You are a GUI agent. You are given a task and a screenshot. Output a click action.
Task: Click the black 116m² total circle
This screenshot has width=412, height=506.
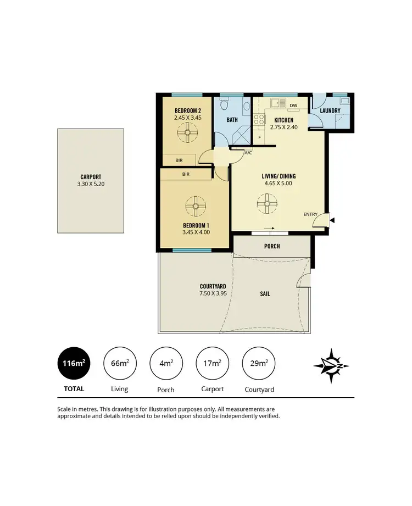click(x=74, y=363)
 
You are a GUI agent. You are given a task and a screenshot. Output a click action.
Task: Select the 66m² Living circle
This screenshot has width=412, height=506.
click(x=119, y=363)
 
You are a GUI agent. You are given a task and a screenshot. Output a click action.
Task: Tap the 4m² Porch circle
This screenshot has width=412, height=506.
click(x=165, y=363)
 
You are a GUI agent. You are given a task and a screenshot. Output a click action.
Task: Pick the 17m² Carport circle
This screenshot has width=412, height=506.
click(x=212, y=363)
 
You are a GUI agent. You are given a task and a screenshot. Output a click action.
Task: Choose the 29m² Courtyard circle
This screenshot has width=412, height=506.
click(x=258, y=363)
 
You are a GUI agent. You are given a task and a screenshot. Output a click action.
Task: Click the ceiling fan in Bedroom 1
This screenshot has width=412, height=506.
click(x=194, y=206)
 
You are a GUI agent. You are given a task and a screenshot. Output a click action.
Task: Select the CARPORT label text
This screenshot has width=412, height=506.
click(x=91, y=177)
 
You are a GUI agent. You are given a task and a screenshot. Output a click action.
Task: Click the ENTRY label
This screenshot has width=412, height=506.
click(x=310, y=214)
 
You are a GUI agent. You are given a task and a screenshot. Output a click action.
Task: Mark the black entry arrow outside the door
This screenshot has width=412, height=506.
click(x=331, y=220)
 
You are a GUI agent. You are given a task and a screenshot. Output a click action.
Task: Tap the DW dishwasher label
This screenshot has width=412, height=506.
click(x=293, y=105)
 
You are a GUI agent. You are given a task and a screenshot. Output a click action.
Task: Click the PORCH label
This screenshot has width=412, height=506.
click(x=272, y=246)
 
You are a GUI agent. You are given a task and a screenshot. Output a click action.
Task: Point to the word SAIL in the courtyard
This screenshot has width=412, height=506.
click(x=264, y=294)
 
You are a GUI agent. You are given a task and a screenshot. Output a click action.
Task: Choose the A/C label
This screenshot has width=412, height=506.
click(x=248, y=152)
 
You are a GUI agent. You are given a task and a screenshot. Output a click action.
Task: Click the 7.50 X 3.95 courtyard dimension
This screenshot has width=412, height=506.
click(x=213, y=293)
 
